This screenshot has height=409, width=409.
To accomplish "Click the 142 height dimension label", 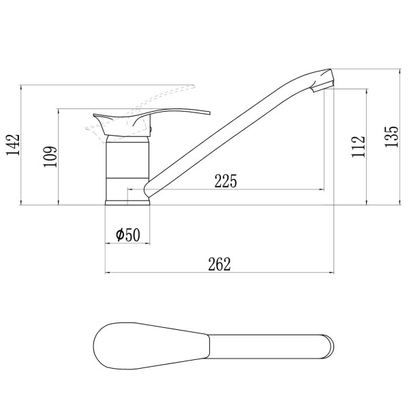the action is (13, 145).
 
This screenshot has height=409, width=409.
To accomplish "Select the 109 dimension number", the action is (50, 157).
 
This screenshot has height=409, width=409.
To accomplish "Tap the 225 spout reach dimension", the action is (226, 181).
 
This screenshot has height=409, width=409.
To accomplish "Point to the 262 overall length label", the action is (219, 264).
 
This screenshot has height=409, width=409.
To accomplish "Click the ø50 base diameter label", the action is (128, 234).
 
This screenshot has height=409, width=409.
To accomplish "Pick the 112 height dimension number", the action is (358, 147).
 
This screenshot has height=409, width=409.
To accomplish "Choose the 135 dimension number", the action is (391, 137).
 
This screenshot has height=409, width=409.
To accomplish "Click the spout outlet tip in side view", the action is (323, 87).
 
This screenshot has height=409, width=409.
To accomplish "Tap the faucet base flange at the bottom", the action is (127, 202).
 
